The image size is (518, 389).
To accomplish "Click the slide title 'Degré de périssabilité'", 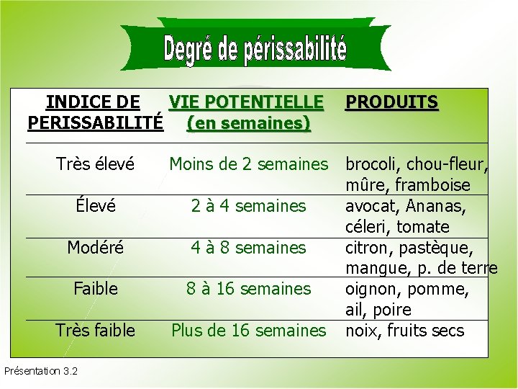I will pyautogui.click(x=255, y=50).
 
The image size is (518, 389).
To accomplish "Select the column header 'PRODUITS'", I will pyautogui.click(x=391, y=102).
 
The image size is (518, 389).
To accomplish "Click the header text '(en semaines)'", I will pyautogui.click(x=248, y=123).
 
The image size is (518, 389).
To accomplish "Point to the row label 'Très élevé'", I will pyautogui.click(x=95, y=164).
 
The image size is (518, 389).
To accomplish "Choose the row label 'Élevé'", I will pyautogui.click(x=95, y=206).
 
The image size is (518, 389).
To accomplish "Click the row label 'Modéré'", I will pyautogui.click(x=95, y=248).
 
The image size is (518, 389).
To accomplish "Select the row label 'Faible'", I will pyautogui.click(x=95, y=289).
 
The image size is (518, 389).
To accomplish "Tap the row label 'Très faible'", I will pyautogui.click(x=95, y=331).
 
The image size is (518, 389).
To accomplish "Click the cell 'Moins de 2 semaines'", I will pyautogui.click(x=248, y=164).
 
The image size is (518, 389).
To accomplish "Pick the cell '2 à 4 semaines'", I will pyautogui.click(x=248, y=206).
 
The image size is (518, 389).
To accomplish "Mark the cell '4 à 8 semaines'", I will pyautogui.click(x=248, y=248).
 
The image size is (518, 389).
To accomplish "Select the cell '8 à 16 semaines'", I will pyautogui.click(x=248, y=289).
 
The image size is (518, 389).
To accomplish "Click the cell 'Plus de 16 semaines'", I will pyautogui.click(x=248, y=331).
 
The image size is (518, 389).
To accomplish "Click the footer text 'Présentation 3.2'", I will pyautogui.click(x=41, y=372).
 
